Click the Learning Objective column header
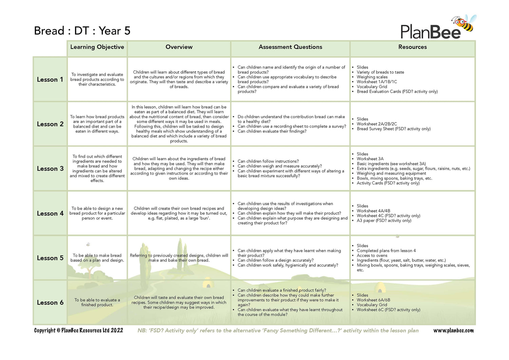(x=97, y=47)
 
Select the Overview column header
(x=179, y=47)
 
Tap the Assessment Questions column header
(x=290, y=47)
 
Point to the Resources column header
(x=412, y=47)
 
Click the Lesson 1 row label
(x=50, y=80)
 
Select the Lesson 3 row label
(x=50, y=169)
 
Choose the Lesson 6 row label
(x=50, y=303)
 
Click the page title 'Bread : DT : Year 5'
(x=82, y=31)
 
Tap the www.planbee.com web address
(x=453, y=330)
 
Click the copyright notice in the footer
(x=78, y=330)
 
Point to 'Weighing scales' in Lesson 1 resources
(x=372, y=77)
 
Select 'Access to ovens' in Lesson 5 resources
(x=372, y=255)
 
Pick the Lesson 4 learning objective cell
(x=97, y=213)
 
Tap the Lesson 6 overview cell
(x=179, y=302)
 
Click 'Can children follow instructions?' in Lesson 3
(x=268, y=162)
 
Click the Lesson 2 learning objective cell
(x=97, y=124)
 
